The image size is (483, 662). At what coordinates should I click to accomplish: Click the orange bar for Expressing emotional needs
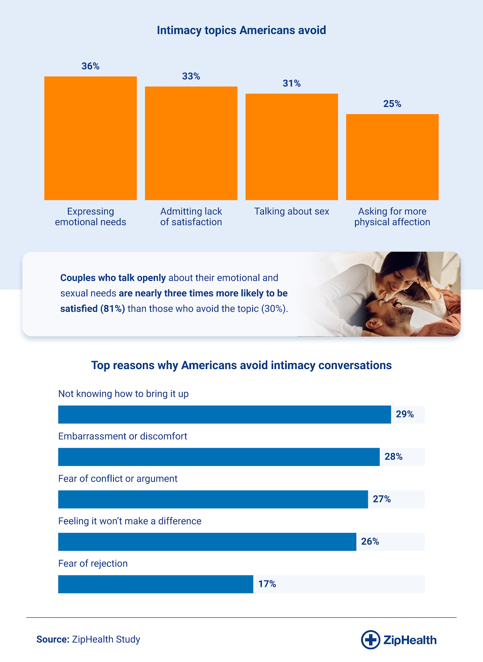click(90, 138)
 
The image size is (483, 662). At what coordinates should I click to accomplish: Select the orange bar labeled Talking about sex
click(292, 147)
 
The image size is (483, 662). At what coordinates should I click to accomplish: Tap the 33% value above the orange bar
click(191, 76)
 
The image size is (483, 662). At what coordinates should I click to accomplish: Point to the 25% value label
click(392, 104)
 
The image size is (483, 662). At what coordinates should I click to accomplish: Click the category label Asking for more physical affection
click(392, 217)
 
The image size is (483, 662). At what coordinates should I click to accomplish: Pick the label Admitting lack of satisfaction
click(191, 217)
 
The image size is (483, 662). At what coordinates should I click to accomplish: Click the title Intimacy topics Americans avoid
click(241, 30)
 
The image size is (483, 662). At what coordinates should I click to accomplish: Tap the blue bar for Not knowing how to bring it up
click(224, 415)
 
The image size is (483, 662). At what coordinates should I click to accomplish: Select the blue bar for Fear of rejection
click(155, 584)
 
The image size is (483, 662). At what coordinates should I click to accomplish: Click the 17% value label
click(267, 584)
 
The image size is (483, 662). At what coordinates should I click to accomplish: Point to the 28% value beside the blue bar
click(393, 457)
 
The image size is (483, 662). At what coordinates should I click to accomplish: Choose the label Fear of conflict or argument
click(118, 479)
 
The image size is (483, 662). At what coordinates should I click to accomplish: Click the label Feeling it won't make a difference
click(130, 521)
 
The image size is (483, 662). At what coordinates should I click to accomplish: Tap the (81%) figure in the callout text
click(112, 309)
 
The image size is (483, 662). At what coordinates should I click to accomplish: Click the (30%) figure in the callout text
click(274, 309)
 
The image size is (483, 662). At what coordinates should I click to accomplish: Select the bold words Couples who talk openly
click(113, 278)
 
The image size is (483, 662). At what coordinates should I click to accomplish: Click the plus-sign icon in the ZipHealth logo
click(370, 640)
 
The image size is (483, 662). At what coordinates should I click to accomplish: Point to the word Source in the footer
click(52, 640)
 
